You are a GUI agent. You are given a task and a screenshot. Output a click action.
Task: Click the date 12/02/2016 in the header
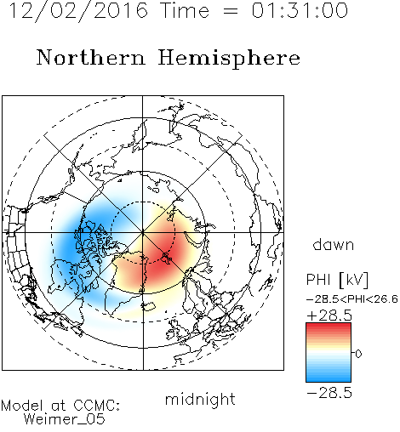pyautogui.click(x=79, y=11)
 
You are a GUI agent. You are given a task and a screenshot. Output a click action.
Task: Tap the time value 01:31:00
pyautogui.click(x=300, y=11)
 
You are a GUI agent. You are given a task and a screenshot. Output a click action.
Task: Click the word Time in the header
pyautogui.click(x=185, y=11)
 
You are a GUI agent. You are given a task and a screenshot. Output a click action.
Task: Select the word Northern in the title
pyautogui.click(x=91, y=58)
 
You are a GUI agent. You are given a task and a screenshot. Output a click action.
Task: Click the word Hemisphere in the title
pyautogui.click(x=229, y=59)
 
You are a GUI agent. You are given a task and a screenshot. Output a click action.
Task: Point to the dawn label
pyautogui.click(x=334, y=244)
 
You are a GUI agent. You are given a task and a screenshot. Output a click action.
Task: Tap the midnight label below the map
pyautogui.click(x=200, y=399)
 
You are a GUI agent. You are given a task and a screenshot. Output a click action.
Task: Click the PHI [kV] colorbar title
pyautogui.click(x=337, y=280)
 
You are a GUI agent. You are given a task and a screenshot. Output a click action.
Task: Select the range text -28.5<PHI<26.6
pyautogui.click(x=352, y=299)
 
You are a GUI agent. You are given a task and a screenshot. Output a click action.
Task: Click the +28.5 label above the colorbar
pyautogui.click(x=329, y=315)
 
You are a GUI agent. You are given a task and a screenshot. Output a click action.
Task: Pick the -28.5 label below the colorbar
pyautogui.click(x=329, y=393)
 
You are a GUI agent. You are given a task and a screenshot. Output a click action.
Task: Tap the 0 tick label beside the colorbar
pyautogui.click(x=358, y=354)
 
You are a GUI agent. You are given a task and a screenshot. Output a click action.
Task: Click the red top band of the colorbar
pyautogui.click(x=329, y=327)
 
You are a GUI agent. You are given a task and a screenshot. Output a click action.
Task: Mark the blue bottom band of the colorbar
pyautogui.click(x=329, y=378)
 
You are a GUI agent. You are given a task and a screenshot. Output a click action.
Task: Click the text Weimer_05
pyautogui.click(x=65, y=419)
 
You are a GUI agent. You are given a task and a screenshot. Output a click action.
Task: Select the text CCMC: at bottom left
pyautogui.click(x=96, y=406)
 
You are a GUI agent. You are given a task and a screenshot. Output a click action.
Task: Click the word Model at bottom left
pyautogui.click(x=22, y=406)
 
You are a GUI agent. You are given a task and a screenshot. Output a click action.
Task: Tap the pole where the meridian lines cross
pyautogui.click(x=143, y=232)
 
